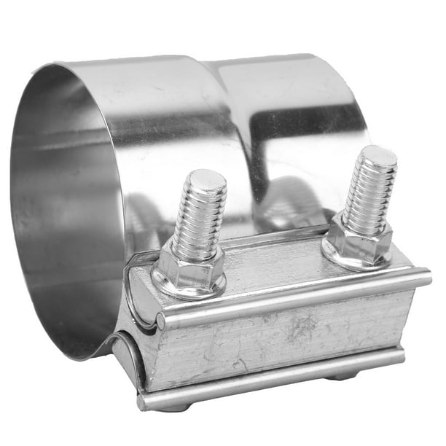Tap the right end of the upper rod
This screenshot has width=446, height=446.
pos(426,277)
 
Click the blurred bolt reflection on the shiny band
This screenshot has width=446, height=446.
pos(288,204)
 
